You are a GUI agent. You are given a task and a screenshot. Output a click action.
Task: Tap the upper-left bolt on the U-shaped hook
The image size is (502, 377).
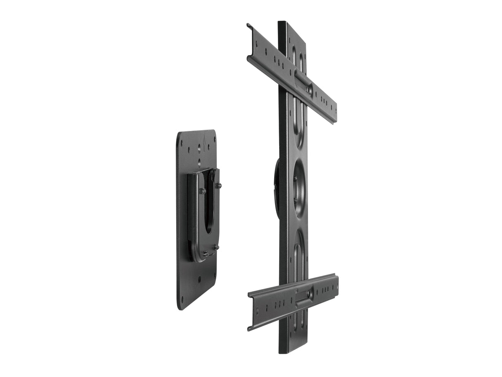[202, 191]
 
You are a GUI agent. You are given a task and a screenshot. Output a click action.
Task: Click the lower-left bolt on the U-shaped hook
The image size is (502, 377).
[204, 254]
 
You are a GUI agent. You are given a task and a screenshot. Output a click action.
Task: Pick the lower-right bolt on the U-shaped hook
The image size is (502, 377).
[216, 247]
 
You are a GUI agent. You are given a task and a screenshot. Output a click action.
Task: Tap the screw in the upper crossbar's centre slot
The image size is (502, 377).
[308, 88]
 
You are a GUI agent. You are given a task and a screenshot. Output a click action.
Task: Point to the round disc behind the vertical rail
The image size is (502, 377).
[276, 188]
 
